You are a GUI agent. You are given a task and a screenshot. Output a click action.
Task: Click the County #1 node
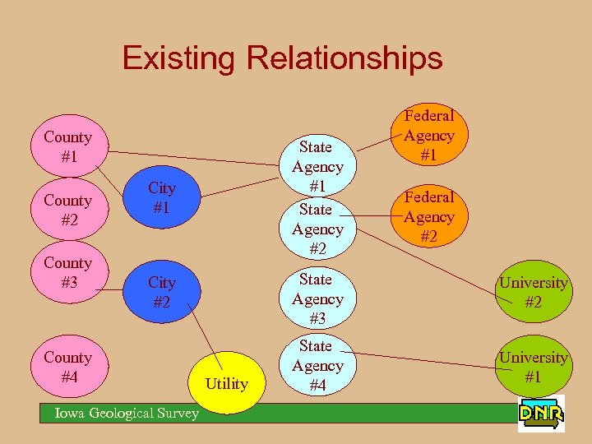[x=67, y=146]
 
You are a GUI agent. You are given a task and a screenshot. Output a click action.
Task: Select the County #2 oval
[x=67, y=210]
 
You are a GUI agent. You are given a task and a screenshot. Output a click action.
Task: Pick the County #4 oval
[x=67, y=367]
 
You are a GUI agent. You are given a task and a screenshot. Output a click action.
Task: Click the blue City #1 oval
[x=162, y=198]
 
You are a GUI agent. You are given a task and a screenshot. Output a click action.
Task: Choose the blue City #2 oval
[x=162, y=292]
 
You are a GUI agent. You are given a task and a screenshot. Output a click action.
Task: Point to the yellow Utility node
[x=226, y=382]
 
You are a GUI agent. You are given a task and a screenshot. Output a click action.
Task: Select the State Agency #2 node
[x=317, y=229]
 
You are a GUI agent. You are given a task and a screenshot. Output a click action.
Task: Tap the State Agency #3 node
[x=317, y=298]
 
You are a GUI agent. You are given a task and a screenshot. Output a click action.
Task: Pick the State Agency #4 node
[x=317, y=365]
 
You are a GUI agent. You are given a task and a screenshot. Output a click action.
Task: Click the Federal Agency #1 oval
[x=428, y=136]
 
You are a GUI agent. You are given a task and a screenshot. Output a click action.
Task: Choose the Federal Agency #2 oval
[x=428, y=216]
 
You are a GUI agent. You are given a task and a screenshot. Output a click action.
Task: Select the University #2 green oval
[x=534, y=292]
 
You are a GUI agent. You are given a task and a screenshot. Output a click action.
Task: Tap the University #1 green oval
[x=534, y=367]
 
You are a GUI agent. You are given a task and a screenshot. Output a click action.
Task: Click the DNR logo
[x=541, y=414]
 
